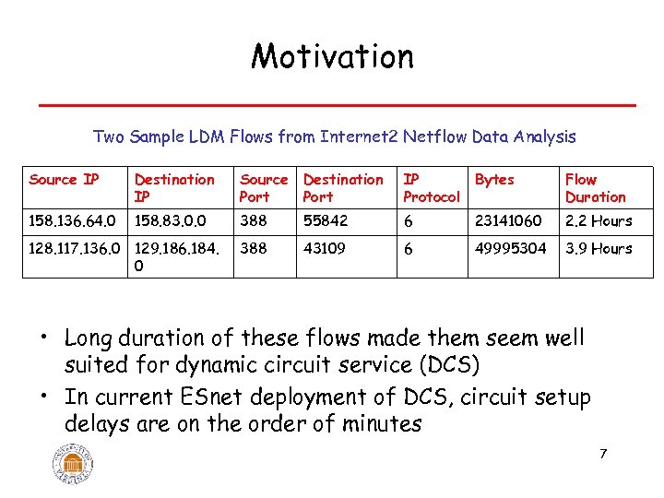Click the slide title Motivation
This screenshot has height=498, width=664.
[x=332, y=56]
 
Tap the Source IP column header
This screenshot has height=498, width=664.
[x=64, y=179]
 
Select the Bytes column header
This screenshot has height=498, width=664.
[x=494, y=179]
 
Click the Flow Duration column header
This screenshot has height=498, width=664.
[x=595, y=188]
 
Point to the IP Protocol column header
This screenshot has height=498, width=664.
[x=431, y=188]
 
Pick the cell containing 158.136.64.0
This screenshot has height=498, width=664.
[x=73, y=220]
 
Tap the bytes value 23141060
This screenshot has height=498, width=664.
[x=508, y=220]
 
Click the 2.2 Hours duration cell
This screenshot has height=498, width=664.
[x=599, y=220]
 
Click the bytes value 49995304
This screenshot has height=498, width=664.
[x=510, y=248]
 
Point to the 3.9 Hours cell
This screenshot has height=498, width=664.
[x=599, y=248]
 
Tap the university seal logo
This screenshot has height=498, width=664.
[x=73, y=460]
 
